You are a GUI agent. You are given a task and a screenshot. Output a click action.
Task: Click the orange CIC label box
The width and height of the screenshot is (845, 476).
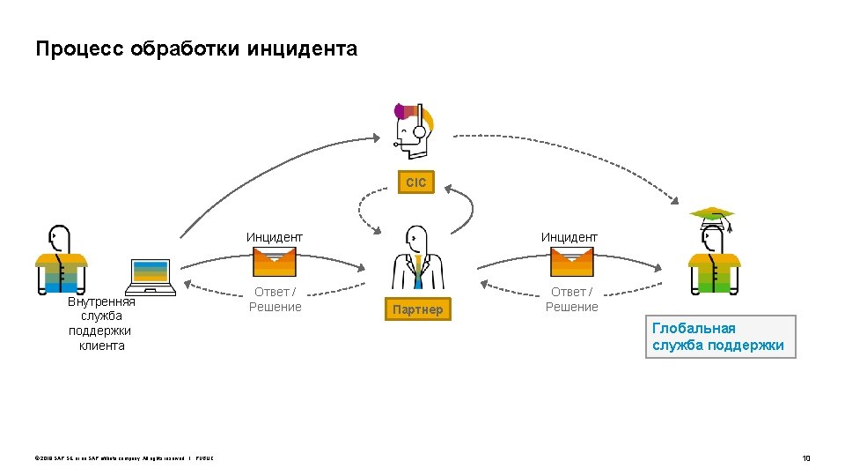pyautogui.click(x=416, y=182)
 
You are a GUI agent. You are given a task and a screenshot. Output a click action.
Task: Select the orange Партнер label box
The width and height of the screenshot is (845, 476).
pyautogui.click(x=418, y=309)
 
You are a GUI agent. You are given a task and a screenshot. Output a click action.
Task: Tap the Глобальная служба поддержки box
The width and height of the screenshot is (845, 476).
pyautogui.click(x=720, y=337)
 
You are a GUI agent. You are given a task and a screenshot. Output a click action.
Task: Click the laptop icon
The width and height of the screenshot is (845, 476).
pyautogui.click(x=151, y=277)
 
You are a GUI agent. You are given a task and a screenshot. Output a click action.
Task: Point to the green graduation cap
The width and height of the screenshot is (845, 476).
pyautogui.click(x=712, y=214)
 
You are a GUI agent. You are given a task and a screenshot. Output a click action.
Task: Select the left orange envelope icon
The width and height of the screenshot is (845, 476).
pyautogui.click(x=275, y=262)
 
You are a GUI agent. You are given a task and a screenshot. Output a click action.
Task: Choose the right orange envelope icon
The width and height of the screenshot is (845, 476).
pyautogui.click(x=571, y=262)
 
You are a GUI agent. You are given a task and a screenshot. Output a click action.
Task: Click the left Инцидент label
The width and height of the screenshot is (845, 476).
pyautogui.click(x=275, y=237)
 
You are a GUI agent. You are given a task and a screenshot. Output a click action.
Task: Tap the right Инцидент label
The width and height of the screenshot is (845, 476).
pyautogui.click(x=569, y=237)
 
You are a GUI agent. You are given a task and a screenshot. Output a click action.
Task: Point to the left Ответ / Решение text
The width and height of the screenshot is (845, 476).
pyautogui.click(x=275, y=300)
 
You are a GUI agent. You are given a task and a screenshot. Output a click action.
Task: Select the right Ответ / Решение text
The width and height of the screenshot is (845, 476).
pyautogui.click(x=571, y=300)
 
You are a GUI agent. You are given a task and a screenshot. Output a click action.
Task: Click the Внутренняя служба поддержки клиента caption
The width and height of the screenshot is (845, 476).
pyautogui.click(x=101, y=324)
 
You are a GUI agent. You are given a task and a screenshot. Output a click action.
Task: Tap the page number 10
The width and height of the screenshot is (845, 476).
pyautogui.click(x=805, y=458)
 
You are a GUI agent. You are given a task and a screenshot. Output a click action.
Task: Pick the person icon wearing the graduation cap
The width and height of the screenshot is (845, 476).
pyautogui.click(x=714, y=260)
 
